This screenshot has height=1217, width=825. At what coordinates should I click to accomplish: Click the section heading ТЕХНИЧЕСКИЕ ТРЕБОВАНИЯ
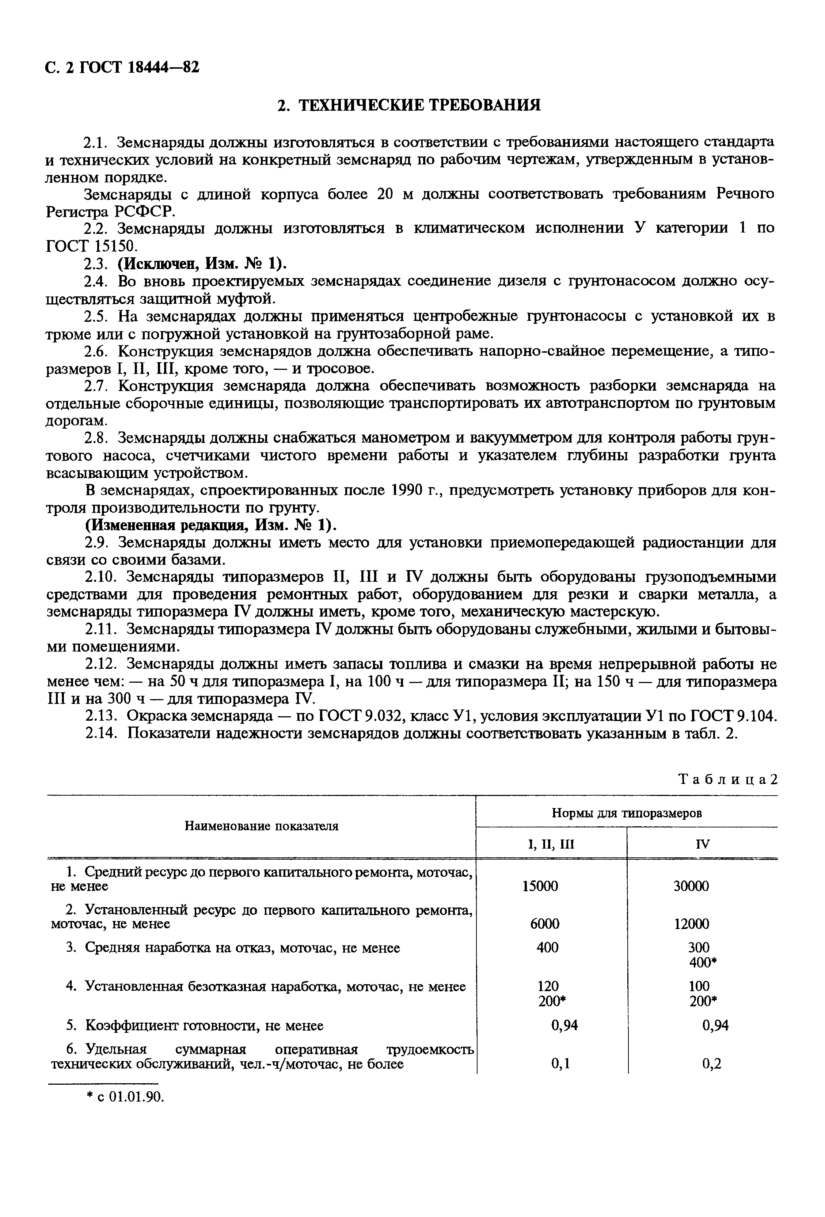pyautogui.click(x=409, y=105)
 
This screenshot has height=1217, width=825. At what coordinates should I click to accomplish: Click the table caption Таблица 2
pyautogui.click(x=727, y=780)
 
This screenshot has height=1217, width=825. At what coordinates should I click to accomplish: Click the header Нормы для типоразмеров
pyautogui.click(x=626, y=813)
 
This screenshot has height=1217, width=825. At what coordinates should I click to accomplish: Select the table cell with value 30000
pyautogui.click(x=691, y=886)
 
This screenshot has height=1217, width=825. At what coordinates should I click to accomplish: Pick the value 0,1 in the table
pyautogui.click(x=560, y=1064)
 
